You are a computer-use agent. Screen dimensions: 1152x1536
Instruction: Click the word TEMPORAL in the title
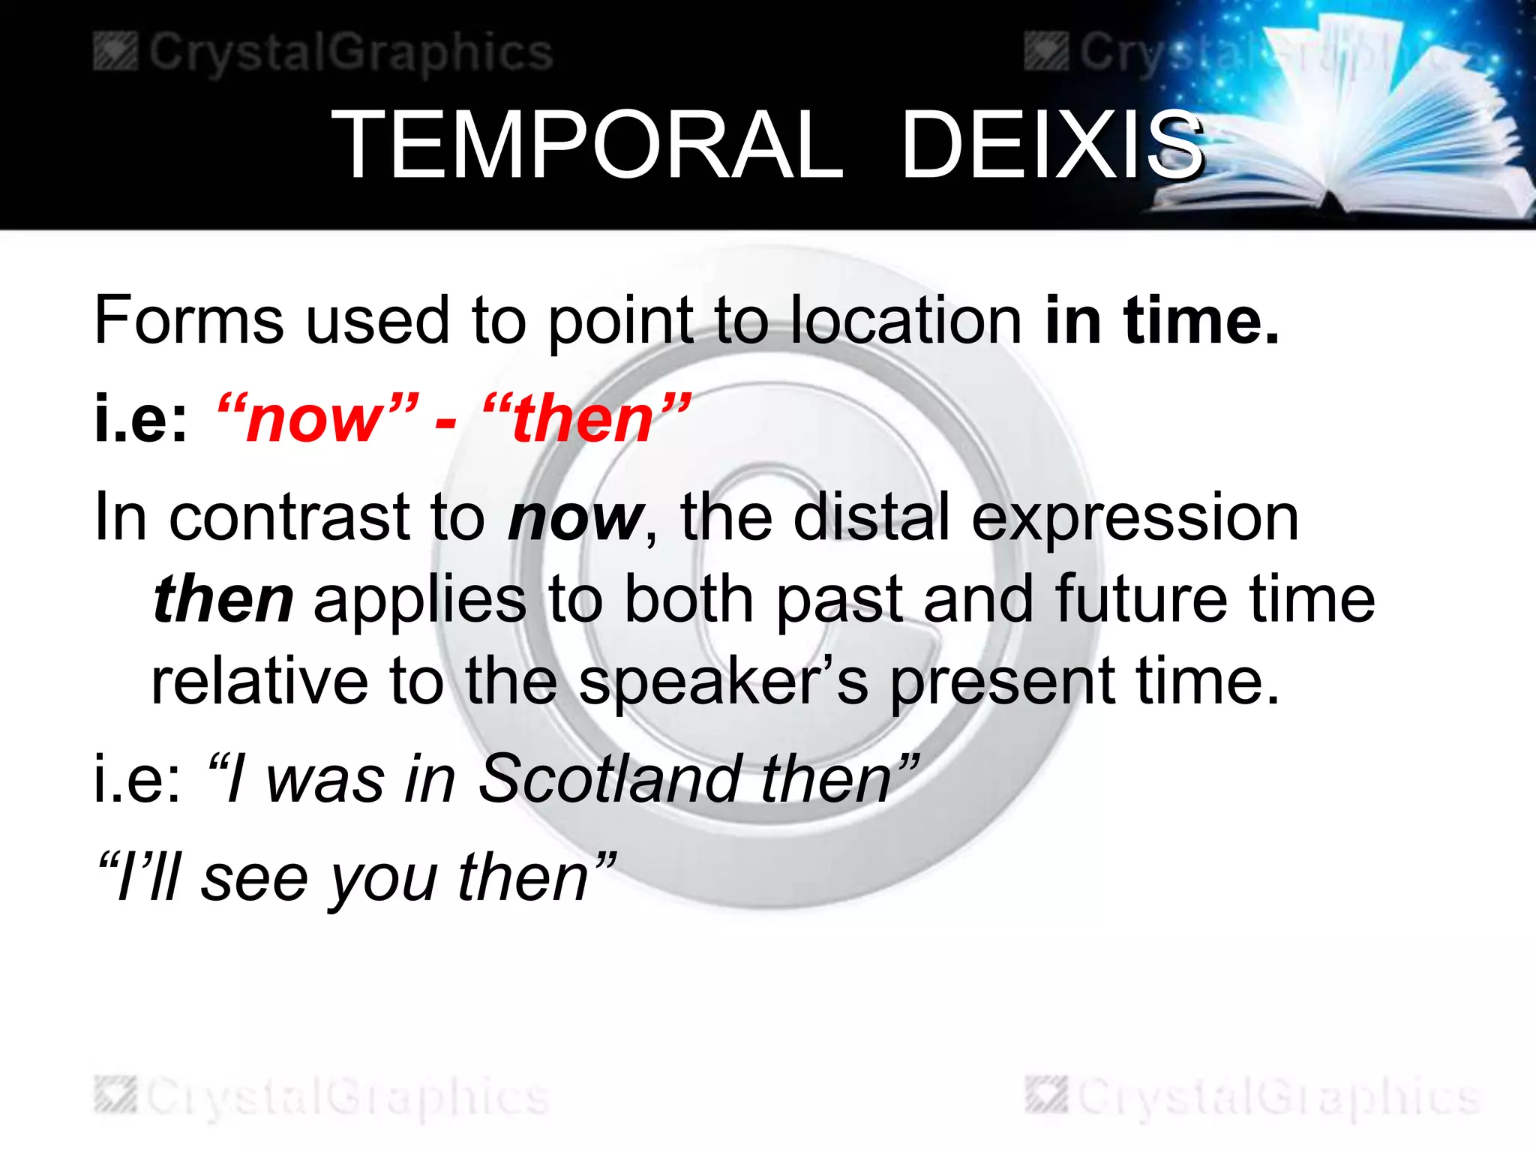pyautogui.click(x=587, y=145)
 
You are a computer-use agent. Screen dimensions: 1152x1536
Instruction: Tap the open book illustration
pyautogui.click(x=1350, y=127)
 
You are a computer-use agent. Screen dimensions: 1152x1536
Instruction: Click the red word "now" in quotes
pyautogui.click(x=316, y=420)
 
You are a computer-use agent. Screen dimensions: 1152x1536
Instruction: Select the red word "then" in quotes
pyautogui.click(x=584, y=420)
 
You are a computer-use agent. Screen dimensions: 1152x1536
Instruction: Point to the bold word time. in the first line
pyautogui.click(x=1200, y=321)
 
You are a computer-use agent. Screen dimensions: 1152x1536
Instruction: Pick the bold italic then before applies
pyautogui.click(x=223, y=600)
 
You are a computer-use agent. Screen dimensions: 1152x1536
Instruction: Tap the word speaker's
pyautogui.click(x=723, y=682)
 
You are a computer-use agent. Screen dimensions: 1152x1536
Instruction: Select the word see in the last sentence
pyautogui.click(x=254, y=879)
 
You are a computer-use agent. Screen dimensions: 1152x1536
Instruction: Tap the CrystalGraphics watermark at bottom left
pyautogui.click(x=323, y=1096)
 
